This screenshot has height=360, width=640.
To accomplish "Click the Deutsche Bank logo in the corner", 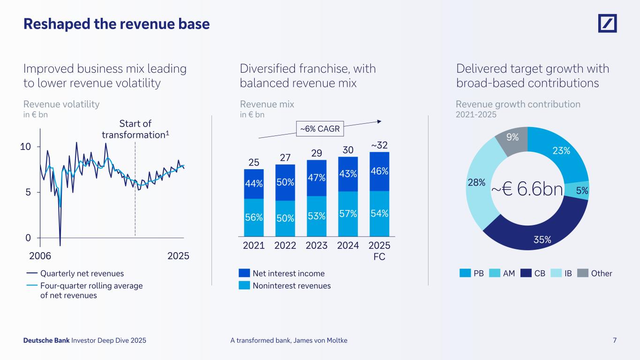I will click(x=607, y=23).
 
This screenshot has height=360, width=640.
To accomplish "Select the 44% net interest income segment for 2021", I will click(x=254, y=184).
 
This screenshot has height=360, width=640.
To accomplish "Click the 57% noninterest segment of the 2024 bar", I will click(x=348, y=213).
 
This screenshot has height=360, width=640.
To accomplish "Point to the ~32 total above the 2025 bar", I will click(x=379, y=145).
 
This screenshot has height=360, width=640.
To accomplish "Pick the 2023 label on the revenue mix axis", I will click(x=316, y=246).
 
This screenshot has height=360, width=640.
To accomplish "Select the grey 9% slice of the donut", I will click(x=513, y=138).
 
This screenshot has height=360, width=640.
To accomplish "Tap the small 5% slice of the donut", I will click(x=581, y=189).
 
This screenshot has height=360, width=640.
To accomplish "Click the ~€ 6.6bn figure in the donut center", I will click(x=527, y=189).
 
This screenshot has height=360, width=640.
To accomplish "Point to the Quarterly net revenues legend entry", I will click(x=75, y=273).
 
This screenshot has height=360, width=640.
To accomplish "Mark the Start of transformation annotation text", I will click(x=136, y=129).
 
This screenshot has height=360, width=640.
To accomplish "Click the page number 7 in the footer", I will click(x=614, y=340).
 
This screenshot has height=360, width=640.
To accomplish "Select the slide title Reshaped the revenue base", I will click(x=116, y=24).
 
